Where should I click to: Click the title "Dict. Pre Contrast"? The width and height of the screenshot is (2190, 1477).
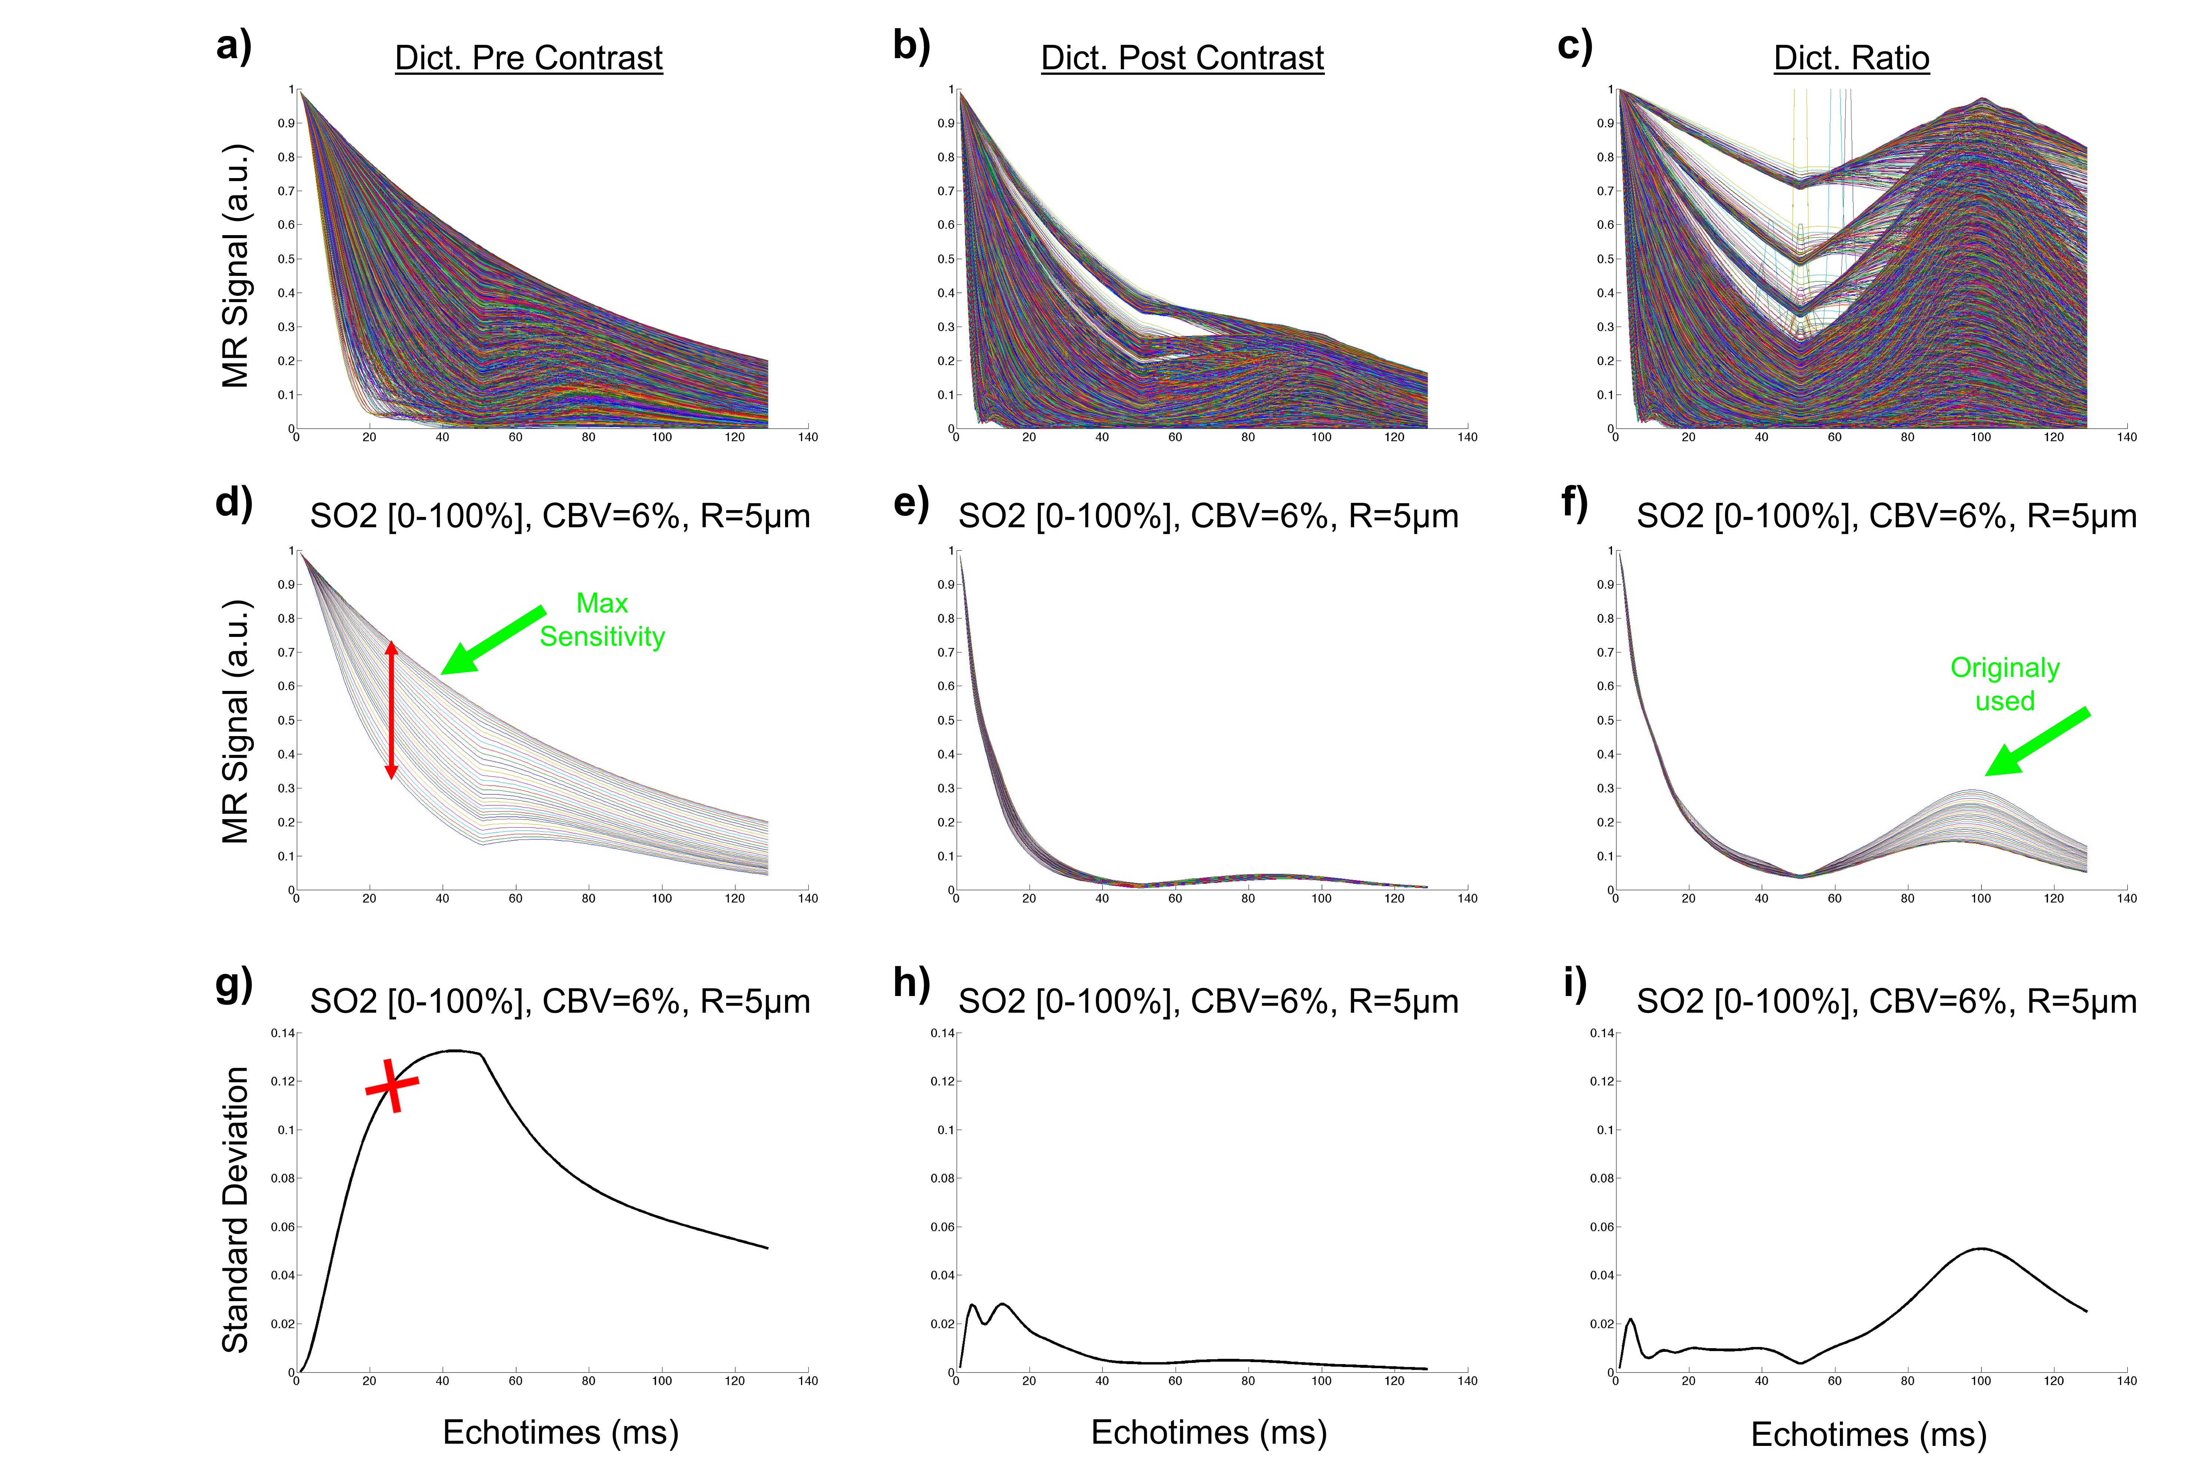click(x=529, y=59)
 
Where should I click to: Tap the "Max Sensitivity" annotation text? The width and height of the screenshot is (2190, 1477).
click(x=602, y=620)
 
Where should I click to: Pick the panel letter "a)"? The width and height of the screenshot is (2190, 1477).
click(x=234, y=45)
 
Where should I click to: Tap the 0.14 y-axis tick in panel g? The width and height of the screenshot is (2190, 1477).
click(x=283, y=1033)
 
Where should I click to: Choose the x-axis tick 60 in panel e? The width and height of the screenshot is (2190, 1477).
click(x=1175, y=899)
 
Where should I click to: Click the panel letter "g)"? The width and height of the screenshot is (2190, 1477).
click(x=234, y=984)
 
